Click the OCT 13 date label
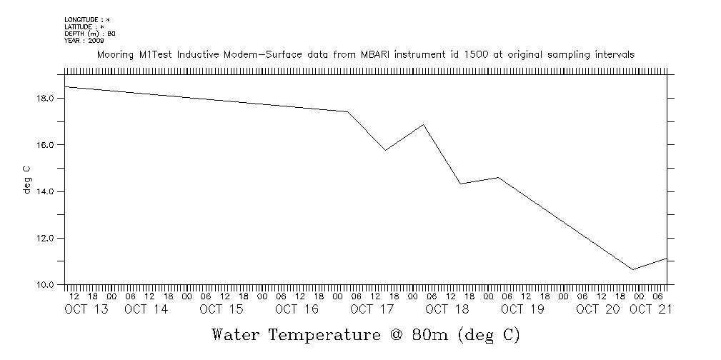(x=86, y=309)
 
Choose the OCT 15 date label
(x=222, y=309)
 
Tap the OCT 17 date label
(x=372, y=309)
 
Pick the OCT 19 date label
(x=522, y=309)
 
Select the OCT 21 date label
(x=650, y=309)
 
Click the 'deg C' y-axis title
(x=27, y=180)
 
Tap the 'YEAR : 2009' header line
(x=84, y=40)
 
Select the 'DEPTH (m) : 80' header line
(x=90, y=34)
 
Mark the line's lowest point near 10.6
(x=632, y=269)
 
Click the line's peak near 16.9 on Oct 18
(x=424, y=124)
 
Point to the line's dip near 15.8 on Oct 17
(x=385, y=150)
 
